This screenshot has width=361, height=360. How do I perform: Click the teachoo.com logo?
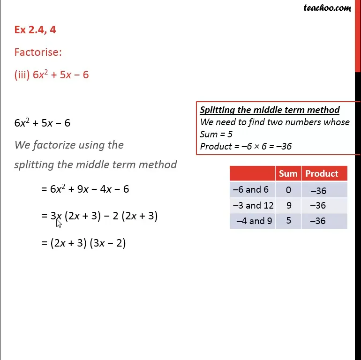tap(327, 7)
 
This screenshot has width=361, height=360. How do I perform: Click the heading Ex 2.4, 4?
tap(35, 30)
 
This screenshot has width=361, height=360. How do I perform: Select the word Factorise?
tap(38, 52)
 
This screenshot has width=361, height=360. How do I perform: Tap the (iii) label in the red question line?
tap(22, 75)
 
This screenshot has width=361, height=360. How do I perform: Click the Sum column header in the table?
tap(288, 173)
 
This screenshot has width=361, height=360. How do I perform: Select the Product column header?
tap(322, 173)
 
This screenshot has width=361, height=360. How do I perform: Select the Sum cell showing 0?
tap(288, 190)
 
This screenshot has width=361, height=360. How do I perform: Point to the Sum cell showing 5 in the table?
tap(288, 220)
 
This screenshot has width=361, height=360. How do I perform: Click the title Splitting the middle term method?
tap(270, 110)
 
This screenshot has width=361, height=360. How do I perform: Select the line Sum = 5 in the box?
tap(216, 135)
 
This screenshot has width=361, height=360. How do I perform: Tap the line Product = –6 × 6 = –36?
tap(246, 147)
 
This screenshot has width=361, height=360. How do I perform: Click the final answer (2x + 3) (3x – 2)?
tap(88, 243)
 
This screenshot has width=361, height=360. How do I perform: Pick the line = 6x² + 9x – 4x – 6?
tap(85, 189)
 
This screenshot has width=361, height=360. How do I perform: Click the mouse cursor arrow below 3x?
tap(59, 223)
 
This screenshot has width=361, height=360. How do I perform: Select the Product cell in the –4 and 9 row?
tap(318, 221)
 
